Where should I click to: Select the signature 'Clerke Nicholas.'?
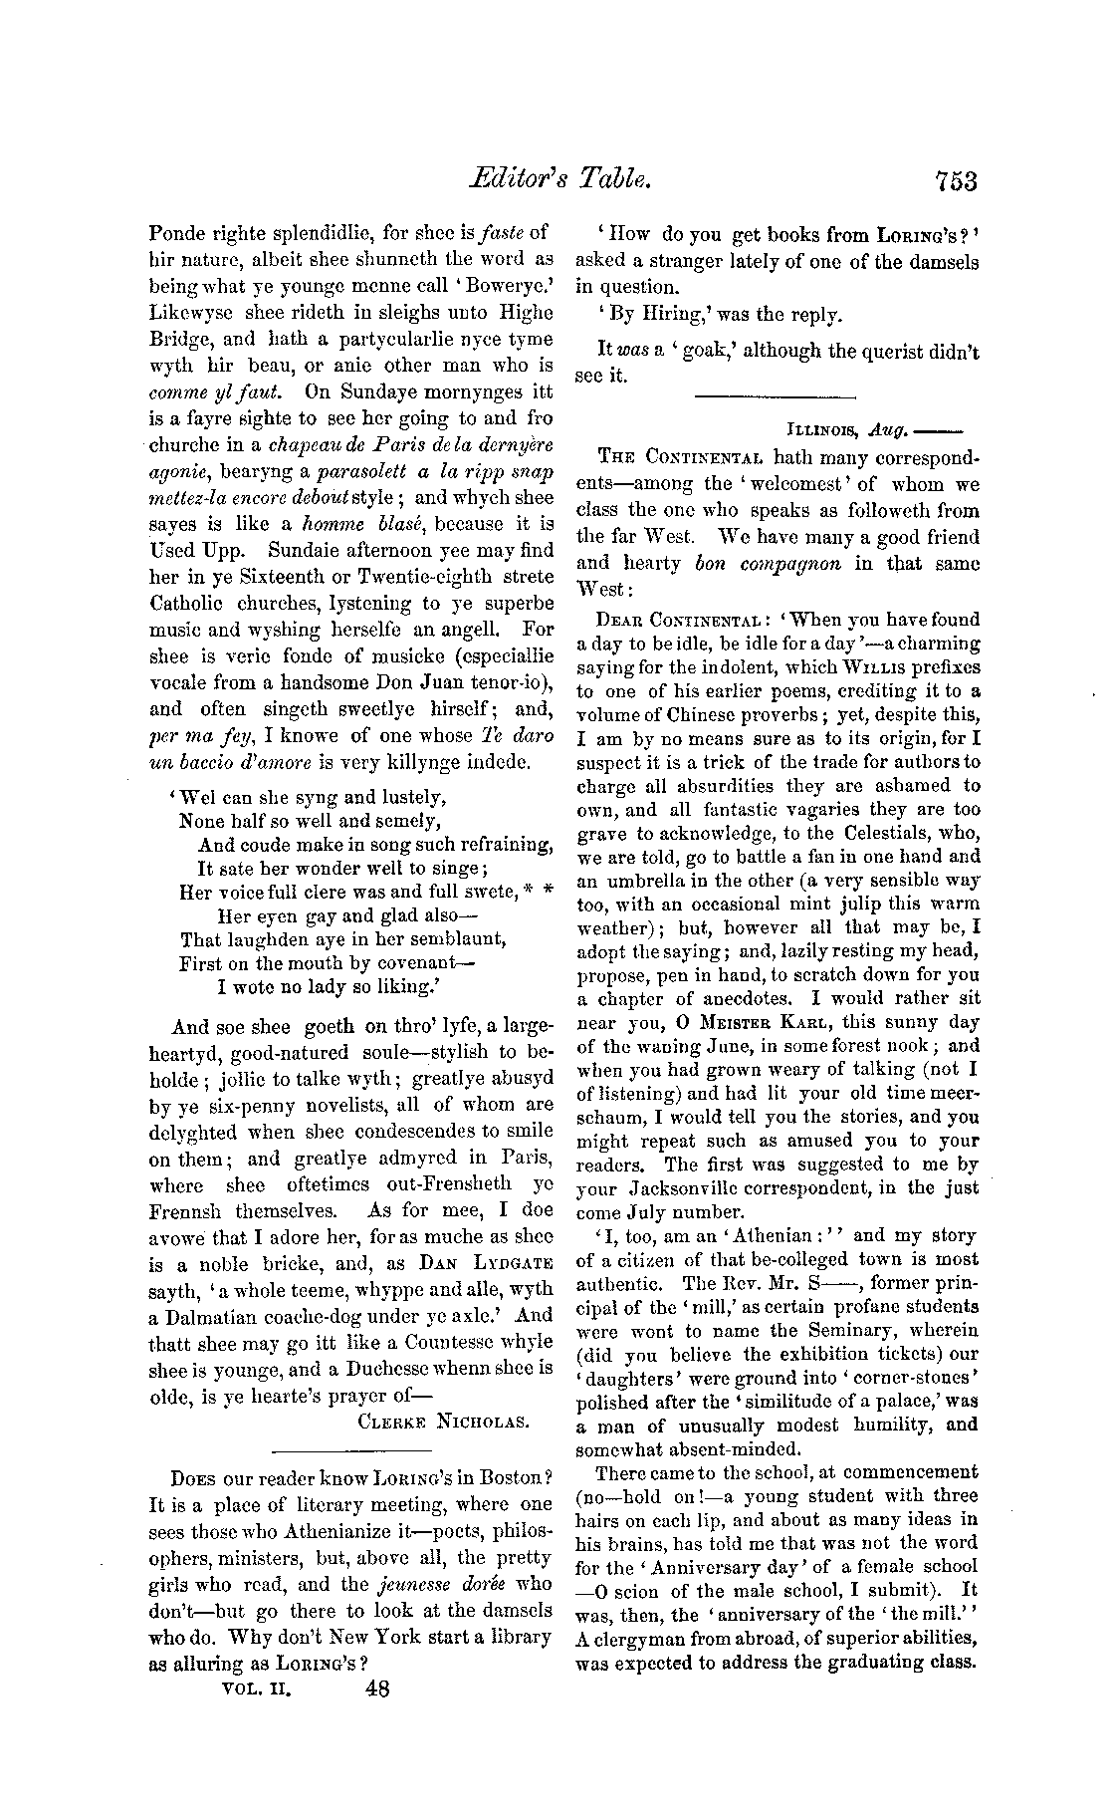pyautogui.click(x=442, y=1422)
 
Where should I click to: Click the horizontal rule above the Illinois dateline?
pyautogui.click(x=776, y=397)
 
